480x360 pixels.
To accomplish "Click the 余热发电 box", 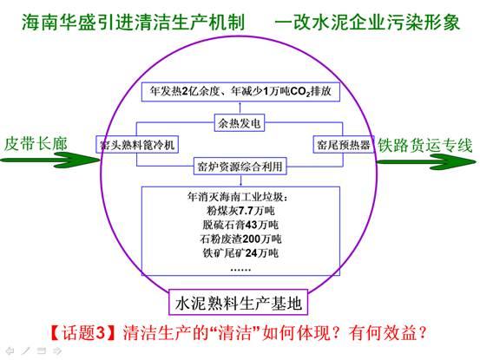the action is coord(240,123).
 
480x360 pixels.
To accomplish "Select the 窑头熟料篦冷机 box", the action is coord(137,144).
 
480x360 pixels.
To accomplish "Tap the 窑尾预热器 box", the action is coord(344,144).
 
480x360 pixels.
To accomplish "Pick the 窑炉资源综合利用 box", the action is coord(240,166).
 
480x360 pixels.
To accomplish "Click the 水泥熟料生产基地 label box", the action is coord(238,302).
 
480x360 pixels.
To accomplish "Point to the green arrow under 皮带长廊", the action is coord(50,160).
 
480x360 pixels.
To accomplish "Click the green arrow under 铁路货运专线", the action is coord(426,161).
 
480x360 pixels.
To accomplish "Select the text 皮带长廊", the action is coord(36,144).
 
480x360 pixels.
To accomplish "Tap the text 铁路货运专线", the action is coord(425,145).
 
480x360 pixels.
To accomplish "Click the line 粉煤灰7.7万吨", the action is coord(240,211).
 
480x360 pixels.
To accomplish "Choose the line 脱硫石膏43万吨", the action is coord(240,225).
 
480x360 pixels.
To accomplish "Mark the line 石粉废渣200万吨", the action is coord(240,239).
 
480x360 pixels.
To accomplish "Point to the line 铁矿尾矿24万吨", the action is coord(240,253).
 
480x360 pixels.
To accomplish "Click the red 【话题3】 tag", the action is coord(82,332).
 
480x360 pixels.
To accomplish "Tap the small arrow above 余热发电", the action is coord(240,108).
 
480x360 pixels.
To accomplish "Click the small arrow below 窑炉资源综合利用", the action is coord(241,180).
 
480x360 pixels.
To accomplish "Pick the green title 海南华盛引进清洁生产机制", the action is coord(133,23).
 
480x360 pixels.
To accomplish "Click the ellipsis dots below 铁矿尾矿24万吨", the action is coord(240,270).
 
